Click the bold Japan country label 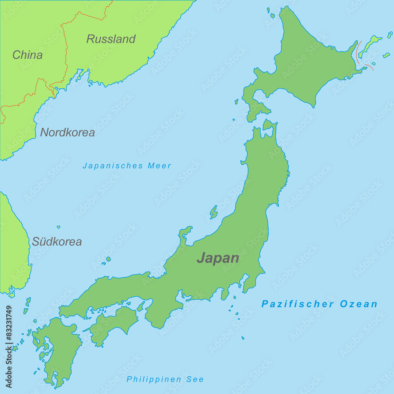218,258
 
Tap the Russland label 111,39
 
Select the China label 27,55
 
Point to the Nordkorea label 67,132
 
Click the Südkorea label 57,242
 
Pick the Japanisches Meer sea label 127,166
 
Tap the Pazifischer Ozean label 320,304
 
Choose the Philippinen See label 165,379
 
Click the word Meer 160,166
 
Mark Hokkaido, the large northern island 303,63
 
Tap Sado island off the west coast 214,212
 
